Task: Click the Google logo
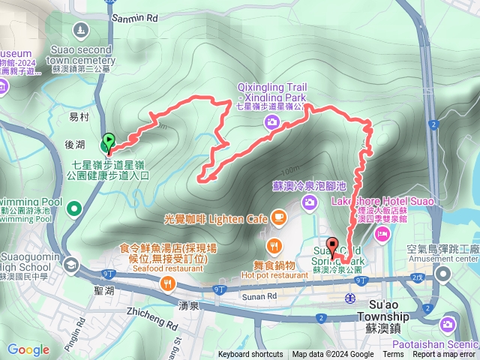tap(28, 349)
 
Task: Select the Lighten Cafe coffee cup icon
tap(279, 218)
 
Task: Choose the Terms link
tap(393, 355)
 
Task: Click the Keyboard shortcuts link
tap(251, 355)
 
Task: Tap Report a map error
tap(444, 355)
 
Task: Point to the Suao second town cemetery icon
tap(80, 30)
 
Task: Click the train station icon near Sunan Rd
tap(350, 298)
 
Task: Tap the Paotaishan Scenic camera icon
tap(447, 324)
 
